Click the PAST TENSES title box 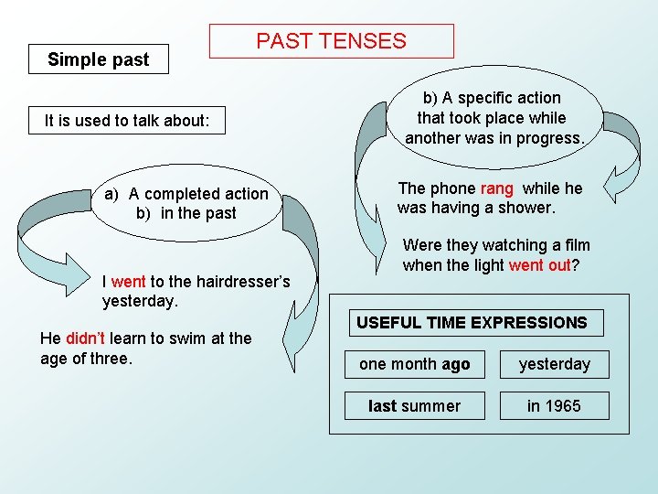click(x=331, y=41)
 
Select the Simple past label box click(x=99, y=60)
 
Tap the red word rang click(x=496, y=188)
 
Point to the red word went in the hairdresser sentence click(x=128, y=282)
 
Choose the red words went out click(x=539, y=265)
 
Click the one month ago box click(x=414, y=364)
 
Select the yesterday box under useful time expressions click(x=554, y=364)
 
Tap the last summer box click(x=414, y=405)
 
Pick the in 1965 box click(x=554, y=405)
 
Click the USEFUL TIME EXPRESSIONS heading click(x=472, y=323)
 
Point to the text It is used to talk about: click(x=127, y=121)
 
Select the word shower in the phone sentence click(x=526, y=209)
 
